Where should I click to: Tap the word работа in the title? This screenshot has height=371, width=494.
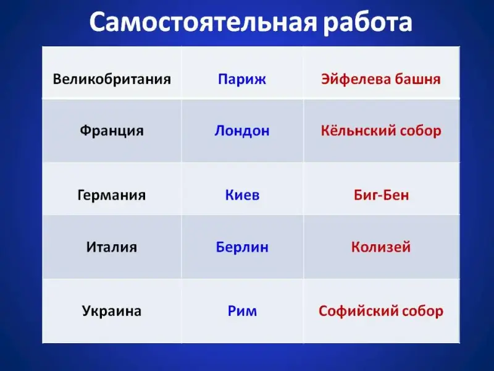coord(368,23)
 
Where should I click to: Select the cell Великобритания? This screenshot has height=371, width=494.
coord(112,79)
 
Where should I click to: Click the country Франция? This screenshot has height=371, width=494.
coord(112,131)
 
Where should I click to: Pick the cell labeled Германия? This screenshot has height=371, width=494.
coord(112,195)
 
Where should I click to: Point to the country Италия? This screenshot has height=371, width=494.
coord(112,247)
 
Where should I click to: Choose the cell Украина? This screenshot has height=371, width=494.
coord(112,311)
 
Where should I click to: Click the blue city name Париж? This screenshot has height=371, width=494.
coord(242,80)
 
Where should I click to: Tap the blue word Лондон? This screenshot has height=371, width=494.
coord(242,131)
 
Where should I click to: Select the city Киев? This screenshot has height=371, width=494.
coord(242,195)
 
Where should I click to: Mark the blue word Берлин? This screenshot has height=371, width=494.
coord(242,247)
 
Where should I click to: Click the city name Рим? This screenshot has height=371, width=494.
coord(242,312)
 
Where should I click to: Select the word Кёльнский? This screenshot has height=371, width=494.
coord(354,131)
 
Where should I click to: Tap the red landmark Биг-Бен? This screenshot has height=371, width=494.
coord(381,195)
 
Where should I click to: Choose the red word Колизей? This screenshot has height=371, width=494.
coord(381,247)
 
